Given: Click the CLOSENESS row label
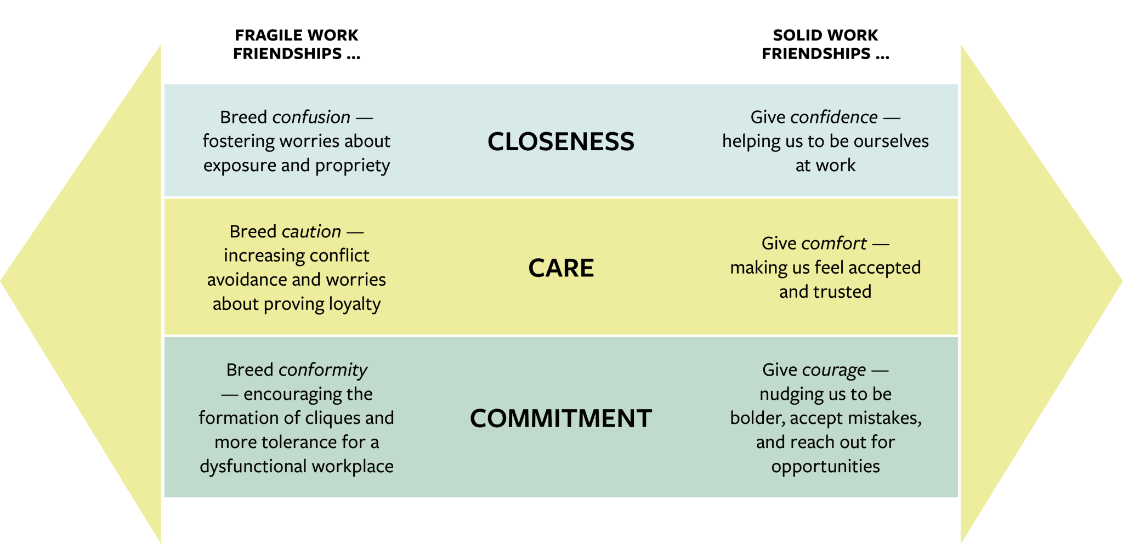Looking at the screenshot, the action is point(561,141).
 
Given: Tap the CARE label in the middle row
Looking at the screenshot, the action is point(561,268).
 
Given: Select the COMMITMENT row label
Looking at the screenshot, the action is point(561,418).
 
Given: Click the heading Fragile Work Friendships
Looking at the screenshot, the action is point(297,44).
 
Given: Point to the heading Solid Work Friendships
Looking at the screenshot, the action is point(825,44).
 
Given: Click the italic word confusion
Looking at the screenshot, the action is point(311,117).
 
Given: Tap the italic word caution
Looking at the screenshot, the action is point(311,231).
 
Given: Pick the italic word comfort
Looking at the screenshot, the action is point(833,243).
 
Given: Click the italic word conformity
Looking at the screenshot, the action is point(323,370).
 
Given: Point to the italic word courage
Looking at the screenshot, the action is point(834,371).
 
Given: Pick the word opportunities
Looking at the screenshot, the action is point(825,467).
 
